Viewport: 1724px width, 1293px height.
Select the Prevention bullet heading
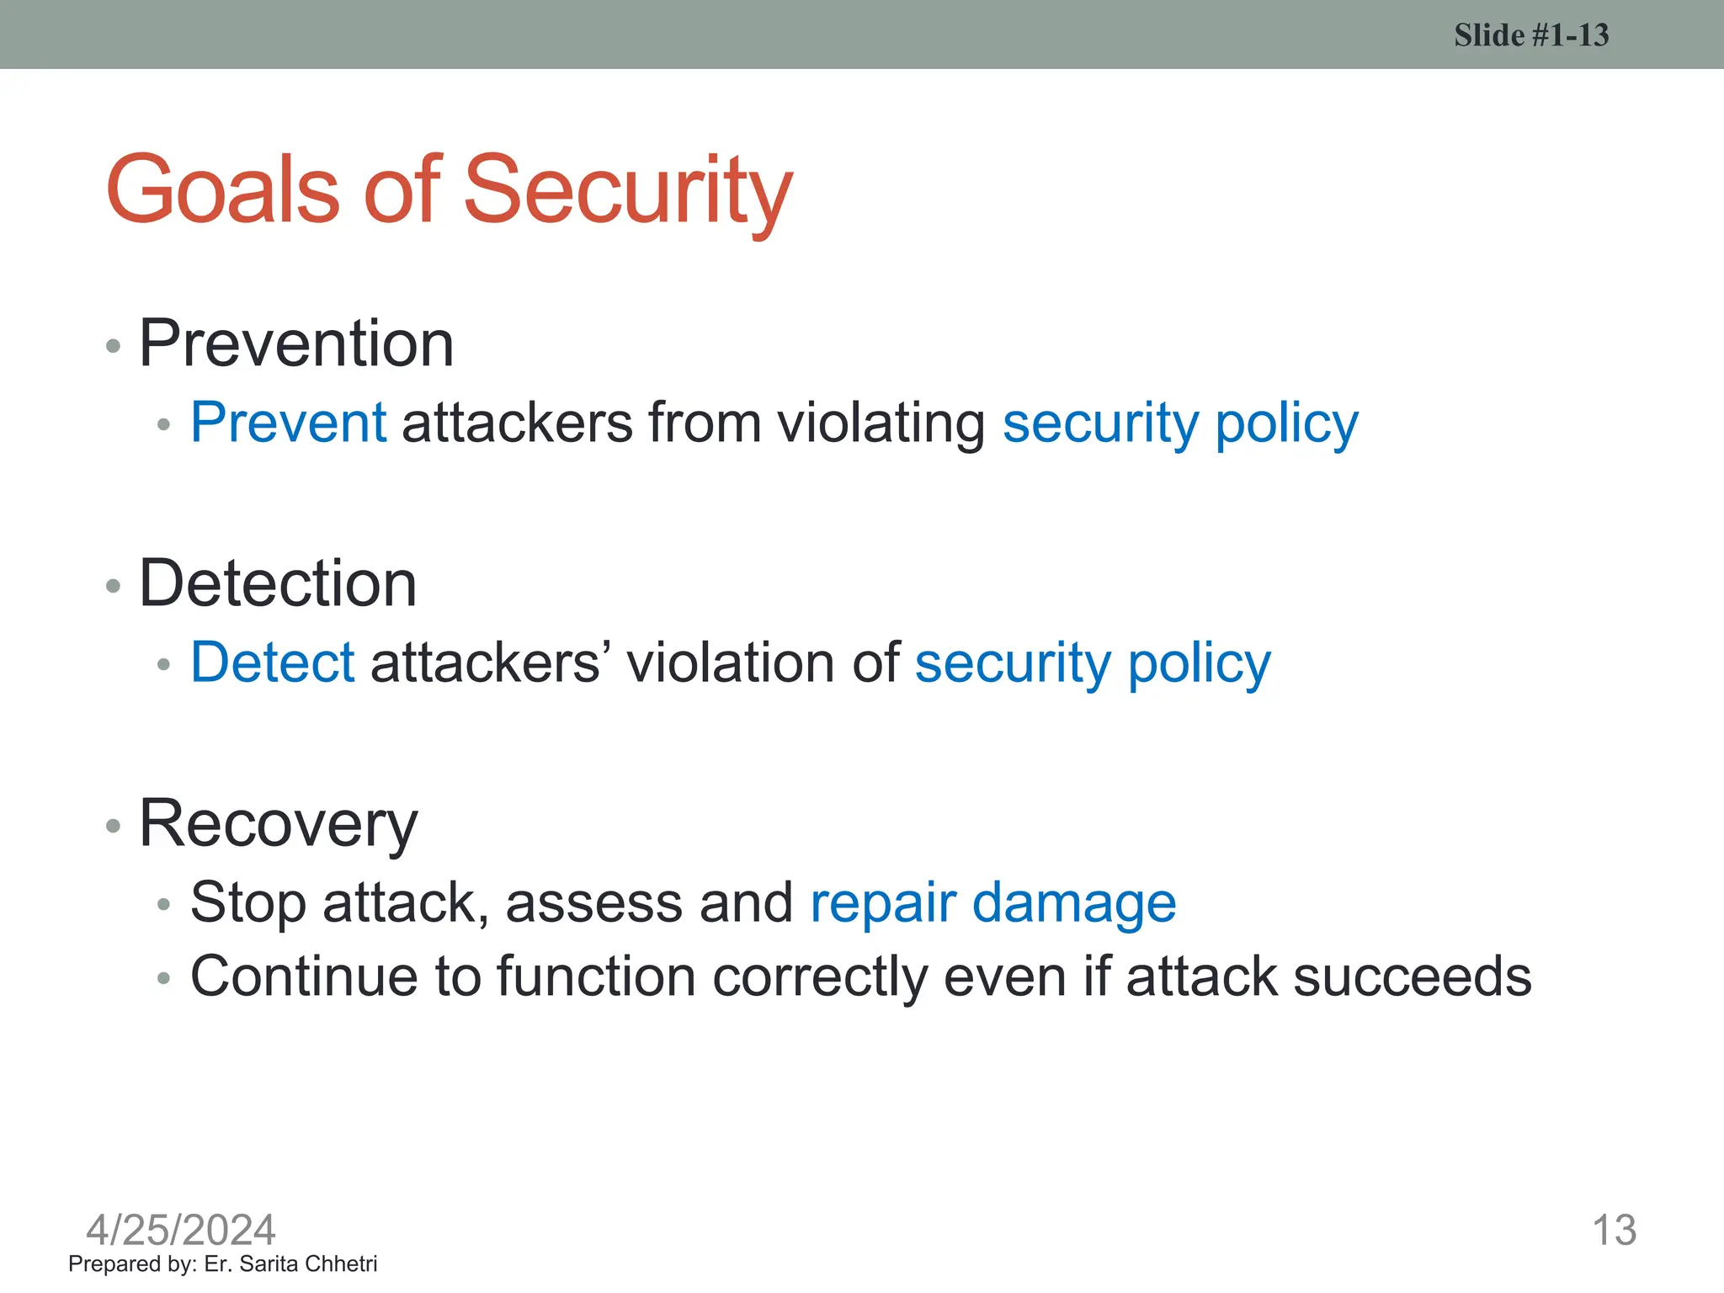296,343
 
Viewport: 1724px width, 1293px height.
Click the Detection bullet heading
278,583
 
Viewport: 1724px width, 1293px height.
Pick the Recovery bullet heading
278,823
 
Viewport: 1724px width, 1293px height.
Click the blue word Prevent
288,422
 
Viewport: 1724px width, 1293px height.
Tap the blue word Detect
273,662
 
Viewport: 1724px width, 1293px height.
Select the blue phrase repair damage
992,902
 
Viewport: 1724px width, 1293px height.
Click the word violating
881,422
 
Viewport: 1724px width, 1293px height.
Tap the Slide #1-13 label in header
1530,35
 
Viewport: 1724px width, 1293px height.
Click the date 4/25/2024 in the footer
181,1230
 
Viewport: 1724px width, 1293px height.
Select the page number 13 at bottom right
1614,1230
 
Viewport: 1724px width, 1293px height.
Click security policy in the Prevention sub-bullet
1180,422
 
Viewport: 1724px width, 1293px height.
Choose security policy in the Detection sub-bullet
1093,662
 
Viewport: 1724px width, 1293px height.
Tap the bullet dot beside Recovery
114,826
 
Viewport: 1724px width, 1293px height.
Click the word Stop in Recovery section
248,902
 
